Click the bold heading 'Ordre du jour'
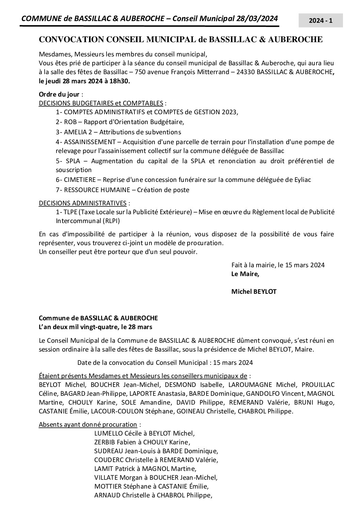point(59,94)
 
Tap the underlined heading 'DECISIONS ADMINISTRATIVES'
point(83,203)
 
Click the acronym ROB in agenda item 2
point(70,122)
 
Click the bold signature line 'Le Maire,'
point(245,274)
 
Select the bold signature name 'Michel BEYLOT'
point(253,291)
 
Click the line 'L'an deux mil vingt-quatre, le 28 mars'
point(96,327)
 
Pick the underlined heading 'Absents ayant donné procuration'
point(88,424)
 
